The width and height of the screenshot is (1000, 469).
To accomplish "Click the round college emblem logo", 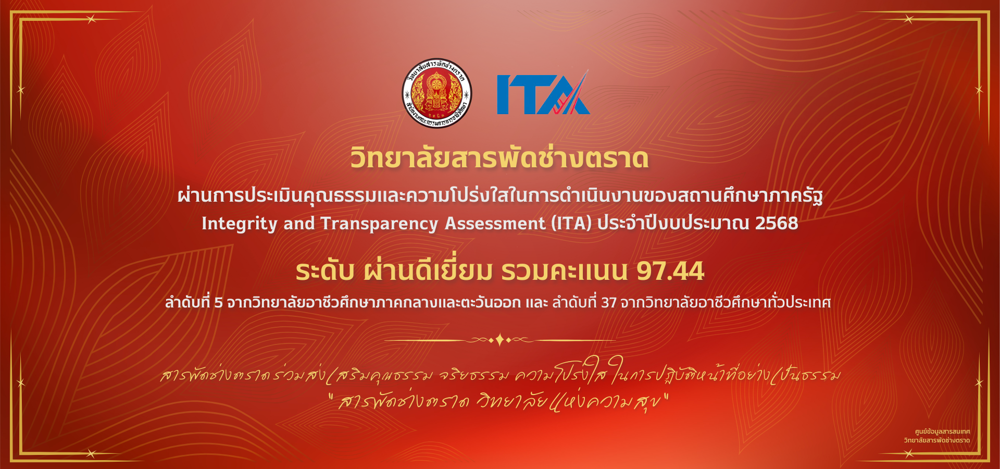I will [x=436, y=93].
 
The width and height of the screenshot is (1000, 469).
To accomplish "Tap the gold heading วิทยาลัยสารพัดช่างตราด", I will [x=499, y=158].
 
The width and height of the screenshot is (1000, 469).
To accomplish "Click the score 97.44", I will [x=670, y=271].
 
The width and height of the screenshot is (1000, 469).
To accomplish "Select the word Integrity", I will [x=240, y=224].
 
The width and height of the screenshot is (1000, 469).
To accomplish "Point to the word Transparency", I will [x=379, y=224].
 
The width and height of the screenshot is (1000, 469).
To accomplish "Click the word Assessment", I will [x=495, y=224].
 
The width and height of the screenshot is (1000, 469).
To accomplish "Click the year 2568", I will [x=777, y=223].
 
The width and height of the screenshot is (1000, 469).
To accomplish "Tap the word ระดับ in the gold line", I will [x=325, y=271].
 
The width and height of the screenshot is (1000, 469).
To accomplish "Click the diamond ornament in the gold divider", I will [x=499, y=340].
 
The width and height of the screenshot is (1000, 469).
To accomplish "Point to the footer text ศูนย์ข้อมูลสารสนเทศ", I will [x=942, y=431].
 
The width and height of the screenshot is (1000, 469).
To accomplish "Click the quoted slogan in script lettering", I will [x=499, y=402].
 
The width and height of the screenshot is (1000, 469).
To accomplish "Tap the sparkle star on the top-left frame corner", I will [x=92, y=19].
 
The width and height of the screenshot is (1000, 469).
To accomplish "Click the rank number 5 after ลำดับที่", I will [x=218, y=303].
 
